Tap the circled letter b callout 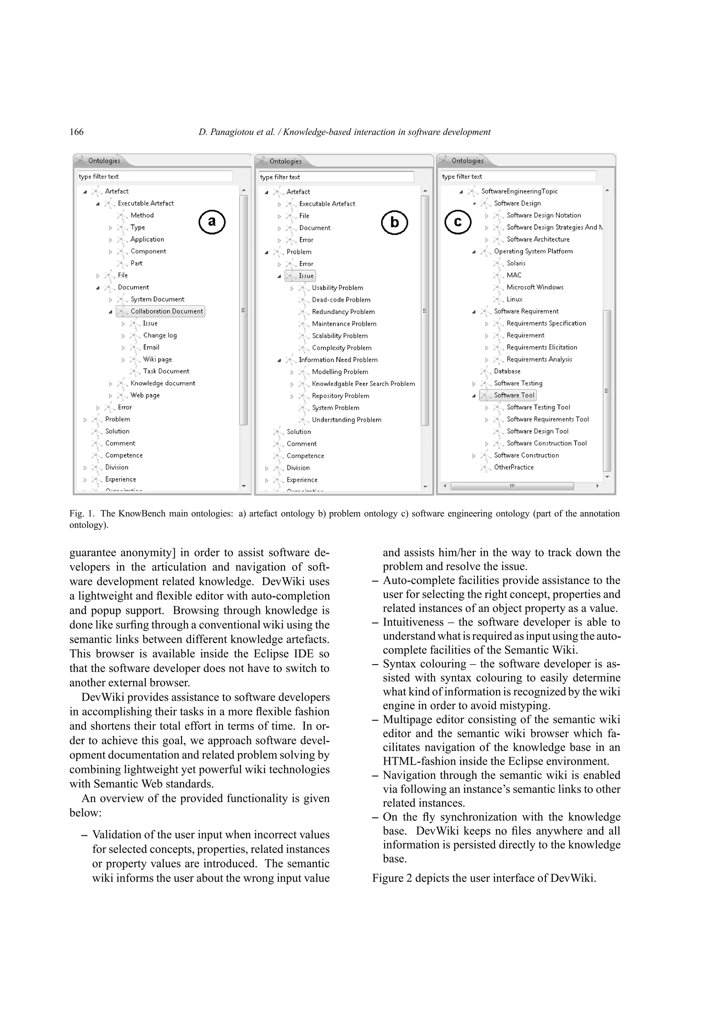pyautogui.click(x=394, y=223)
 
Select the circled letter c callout pyautogui.click(x=457, y=222)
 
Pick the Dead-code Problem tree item pyautogui.click(x=341, y=300)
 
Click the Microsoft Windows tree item pyautogui.click(x=534, y=287)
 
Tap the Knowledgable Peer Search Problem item pyautogui.click(x=363, y=384)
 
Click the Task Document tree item pyautogui.click(x=166, y=371)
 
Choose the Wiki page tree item pyautogui.click(x=157, y=359)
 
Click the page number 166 pyautogui.click(x=77, y=132)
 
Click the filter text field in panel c pyautogui.click(x=517, y=177)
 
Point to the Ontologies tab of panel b pyautogui.click(x=285, y=161)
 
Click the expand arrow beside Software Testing pyautogui.click(x=474, y=384)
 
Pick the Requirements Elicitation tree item pyautogui.click(x=541, y=347)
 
